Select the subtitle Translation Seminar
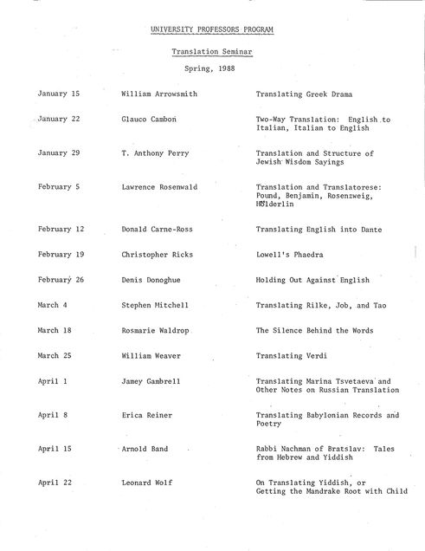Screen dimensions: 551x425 coord(211,52)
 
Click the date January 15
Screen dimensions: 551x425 coord(58,92)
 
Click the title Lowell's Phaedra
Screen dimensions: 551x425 coord(289,255)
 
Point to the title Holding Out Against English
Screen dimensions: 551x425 coord(312,280)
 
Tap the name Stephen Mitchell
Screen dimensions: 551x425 coord(155,305)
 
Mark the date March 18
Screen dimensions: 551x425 coord(55,330)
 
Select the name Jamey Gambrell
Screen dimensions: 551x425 coord(152,380)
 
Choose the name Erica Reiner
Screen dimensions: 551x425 coord(147,415)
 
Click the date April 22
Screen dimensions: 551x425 coord(54,483)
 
